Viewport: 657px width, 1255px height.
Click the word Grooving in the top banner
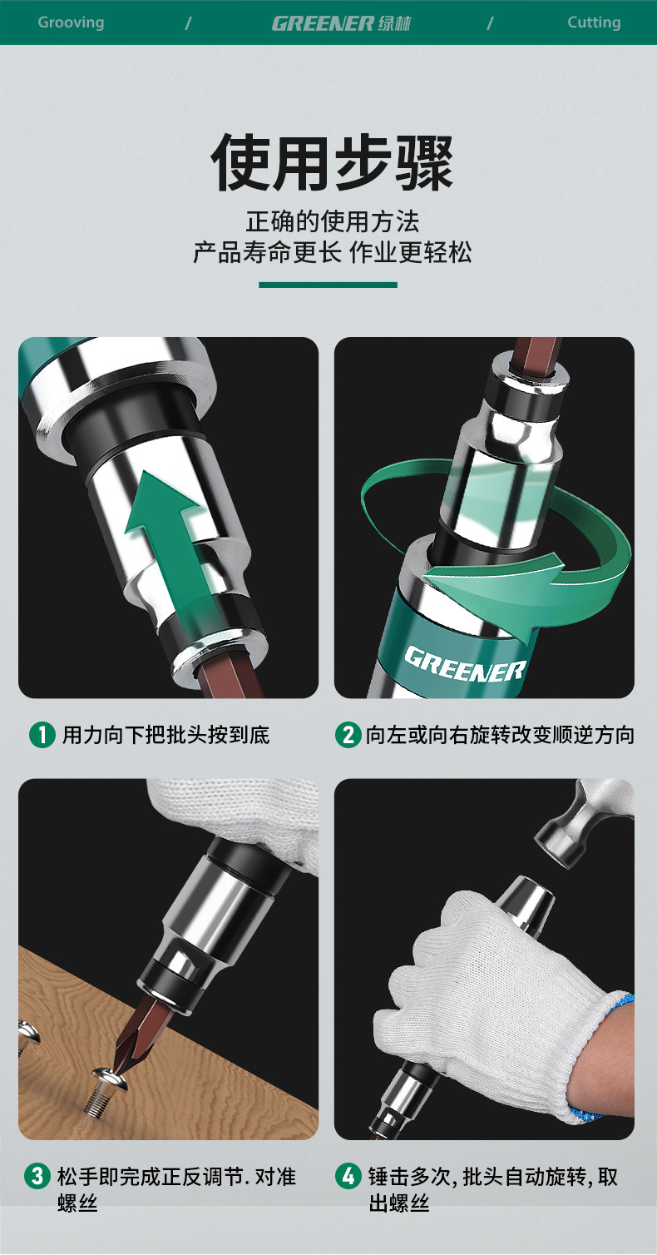[71, 23]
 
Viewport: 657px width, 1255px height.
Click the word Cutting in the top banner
[594, 22]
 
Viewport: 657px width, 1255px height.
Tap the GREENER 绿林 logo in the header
[341, 23]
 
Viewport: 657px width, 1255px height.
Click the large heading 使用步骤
[332, 162]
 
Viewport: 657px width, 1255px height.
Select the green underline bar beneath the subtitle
[328, 285]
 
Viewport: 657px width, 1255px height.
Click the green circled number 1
[42, 735]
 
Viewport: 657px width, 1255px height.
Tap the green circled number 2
[348, 735]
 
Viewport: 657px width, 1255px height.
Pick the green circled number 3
[37, 1175]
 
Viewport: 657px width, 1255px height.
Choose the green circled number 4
[348, 1175]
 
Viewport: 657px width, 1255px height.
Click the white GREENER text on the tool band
[464, 665]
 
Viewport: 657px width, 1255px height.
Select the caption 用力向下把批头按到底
[165, 735]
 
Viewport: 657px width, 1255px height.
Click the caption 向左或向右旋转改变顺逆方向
[500, 735]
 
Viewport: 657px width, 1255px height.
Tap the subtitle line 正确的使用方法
[332, 221]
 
